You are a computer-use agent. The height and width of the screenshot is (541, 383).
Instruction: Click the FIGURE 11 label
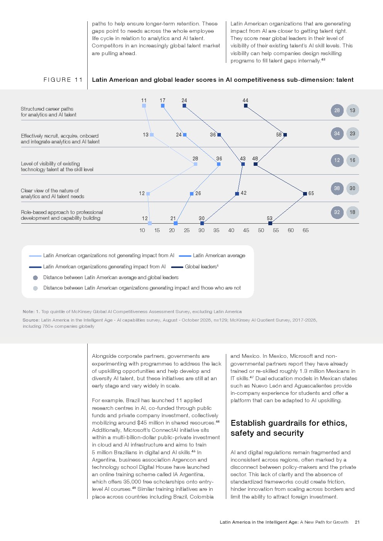63,80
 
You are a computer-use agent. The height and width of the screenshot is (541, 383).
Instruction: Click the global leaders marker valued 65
305,194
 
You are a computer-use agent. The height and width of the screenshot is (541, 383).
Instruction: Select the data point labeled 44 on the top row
246,106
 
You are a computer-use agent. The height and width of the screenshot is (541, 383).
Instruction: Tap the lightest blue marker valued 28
195,164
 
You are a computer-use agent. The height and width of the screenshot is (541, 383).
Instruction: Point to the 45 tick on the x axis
246,230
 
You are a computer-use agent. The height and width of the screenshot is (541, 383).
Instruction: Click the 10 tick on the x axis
142,230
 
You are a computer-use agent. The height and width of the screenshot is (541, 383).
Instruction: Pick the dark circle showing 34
337,133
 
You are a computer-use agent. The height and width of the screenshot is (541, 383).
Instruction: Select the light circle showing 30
352,189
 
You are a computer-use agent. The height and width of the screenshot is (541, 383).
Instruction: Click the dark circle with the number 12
337,160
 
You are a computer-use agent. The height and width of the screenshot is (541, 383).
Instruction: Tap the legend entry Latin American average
219,255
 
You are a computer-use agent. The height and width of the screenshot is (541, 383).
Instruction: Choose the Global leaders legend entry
202,266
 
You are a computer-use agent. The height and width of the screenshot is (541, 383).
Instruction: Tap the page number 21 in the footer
357,522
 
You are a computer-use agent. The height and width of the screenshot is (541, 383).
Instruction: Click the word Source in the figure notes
31,320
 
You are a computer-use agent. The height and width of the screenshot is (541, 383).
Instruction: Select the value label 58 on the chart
279,135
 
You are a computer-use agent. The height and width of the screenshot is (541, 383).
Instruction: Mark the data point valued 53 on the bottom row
270,223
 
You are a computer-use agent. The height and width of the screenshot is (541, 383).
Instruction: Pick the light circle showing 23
352,133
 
